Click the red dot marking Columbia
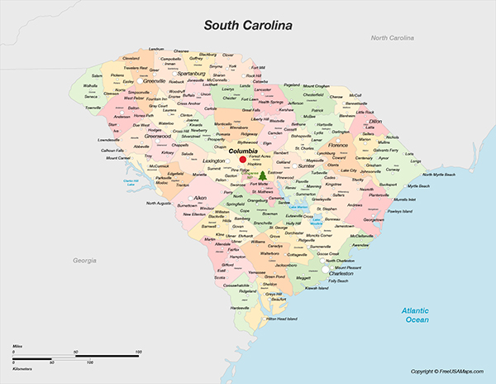click(231, 159)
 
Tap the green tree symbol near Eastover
click(262, 175)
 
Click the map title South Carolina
click(249, 26)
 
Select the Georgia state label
click(84, 261)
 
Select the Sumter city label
click(306, 166)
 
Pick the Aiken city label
click(200, 199)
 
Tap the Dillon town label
click(375, 121)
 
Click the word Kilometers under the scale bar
click(23, 362)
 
